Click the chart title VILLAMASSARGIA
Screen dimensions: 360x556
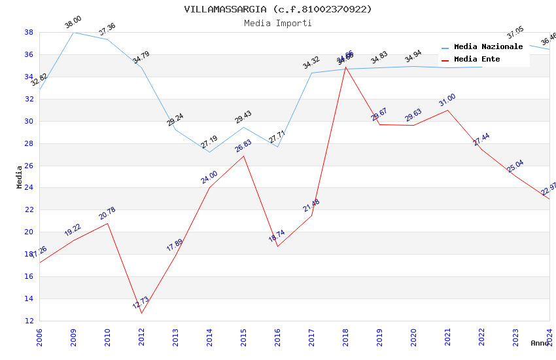click(278, 9)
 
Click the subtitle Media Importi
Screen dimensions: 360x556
click(278, 23)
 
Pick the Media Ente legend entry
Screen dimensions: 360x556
click(477, 60)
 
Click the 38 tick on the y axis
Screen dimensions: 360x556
click(29, 32)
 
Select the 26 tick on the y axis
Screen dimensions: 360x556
click(29, 166)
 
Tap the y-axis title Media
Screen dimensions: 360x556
click(20, 177)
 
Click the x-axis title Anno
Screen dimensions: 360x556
click(540, 343)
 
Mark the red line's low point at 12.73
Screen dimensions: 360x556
click(142, 313)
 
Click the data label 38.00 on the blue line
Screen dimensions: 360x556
click(73, 23)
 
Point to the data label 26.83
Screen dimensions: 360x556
click(243, 146)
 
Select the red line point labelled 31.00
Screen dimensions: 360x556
click(448, 110)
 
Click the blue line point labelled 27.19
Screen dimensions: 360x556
click(210, 153)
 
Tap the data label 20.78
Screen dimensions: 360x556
click(107, 213)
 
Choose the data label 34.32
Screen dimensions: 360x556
click(311, 63)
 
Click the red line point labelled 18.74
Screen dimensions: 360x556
click(278, 246)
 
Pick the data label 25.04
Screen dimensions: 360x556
click(515, 166)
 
